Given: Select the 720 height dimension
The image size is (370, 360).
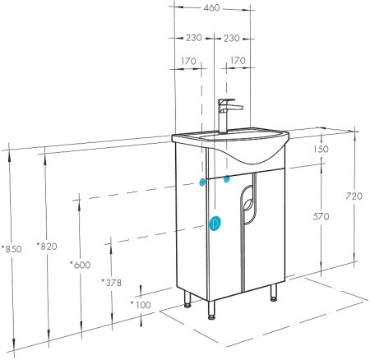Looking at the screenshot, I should click(353, 196).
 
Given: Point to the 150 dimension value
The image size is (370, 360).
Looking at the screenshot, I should click(320, 149).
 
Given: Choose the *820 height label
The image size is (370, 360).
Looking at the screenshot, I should click(48, 246).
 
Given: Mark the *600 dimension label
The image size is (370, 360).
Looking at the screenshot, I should click(81, 264).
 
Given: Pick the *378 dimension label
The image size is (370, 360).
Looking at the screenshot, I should click(112, 283).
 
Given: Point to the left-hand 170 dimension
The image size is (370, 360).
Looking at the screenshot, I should click(189, 60).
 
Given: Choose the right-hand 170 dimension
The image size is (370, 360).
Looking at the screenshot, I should click(239, 60).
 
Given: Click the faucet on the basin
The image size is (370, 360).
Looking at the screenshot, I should click(226, 115).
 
